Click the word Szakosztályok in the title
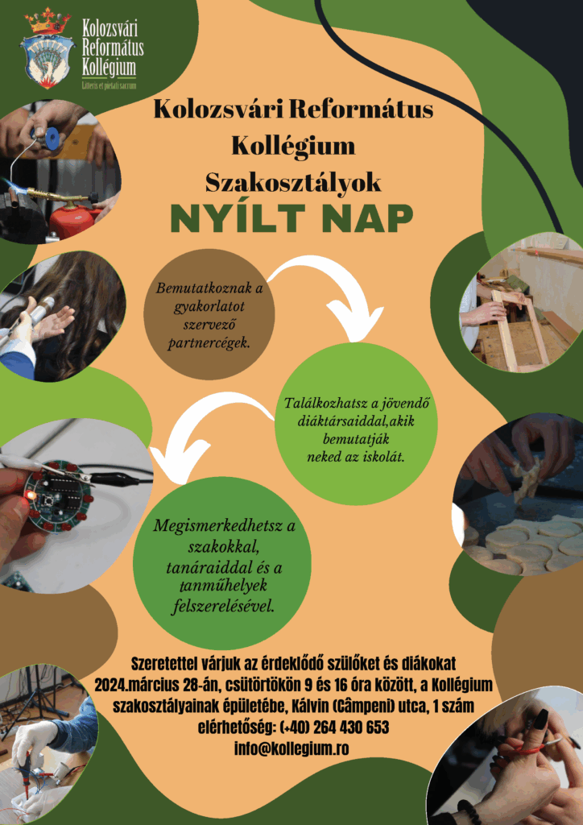pyautogui.click(x=293, y=183)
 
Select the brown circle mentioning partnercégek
pyautogui.click(x=209, y=314)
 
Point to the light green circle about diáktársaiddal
pyautogui.click(x=357, y=423)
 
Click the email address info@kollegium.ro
pyautogui.click(x=291, y=748)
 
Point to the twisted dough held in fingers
pyautogui.click(x=527, y=478)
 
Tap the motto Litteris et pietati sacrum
pyautogui.click(x=110, y=85)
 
